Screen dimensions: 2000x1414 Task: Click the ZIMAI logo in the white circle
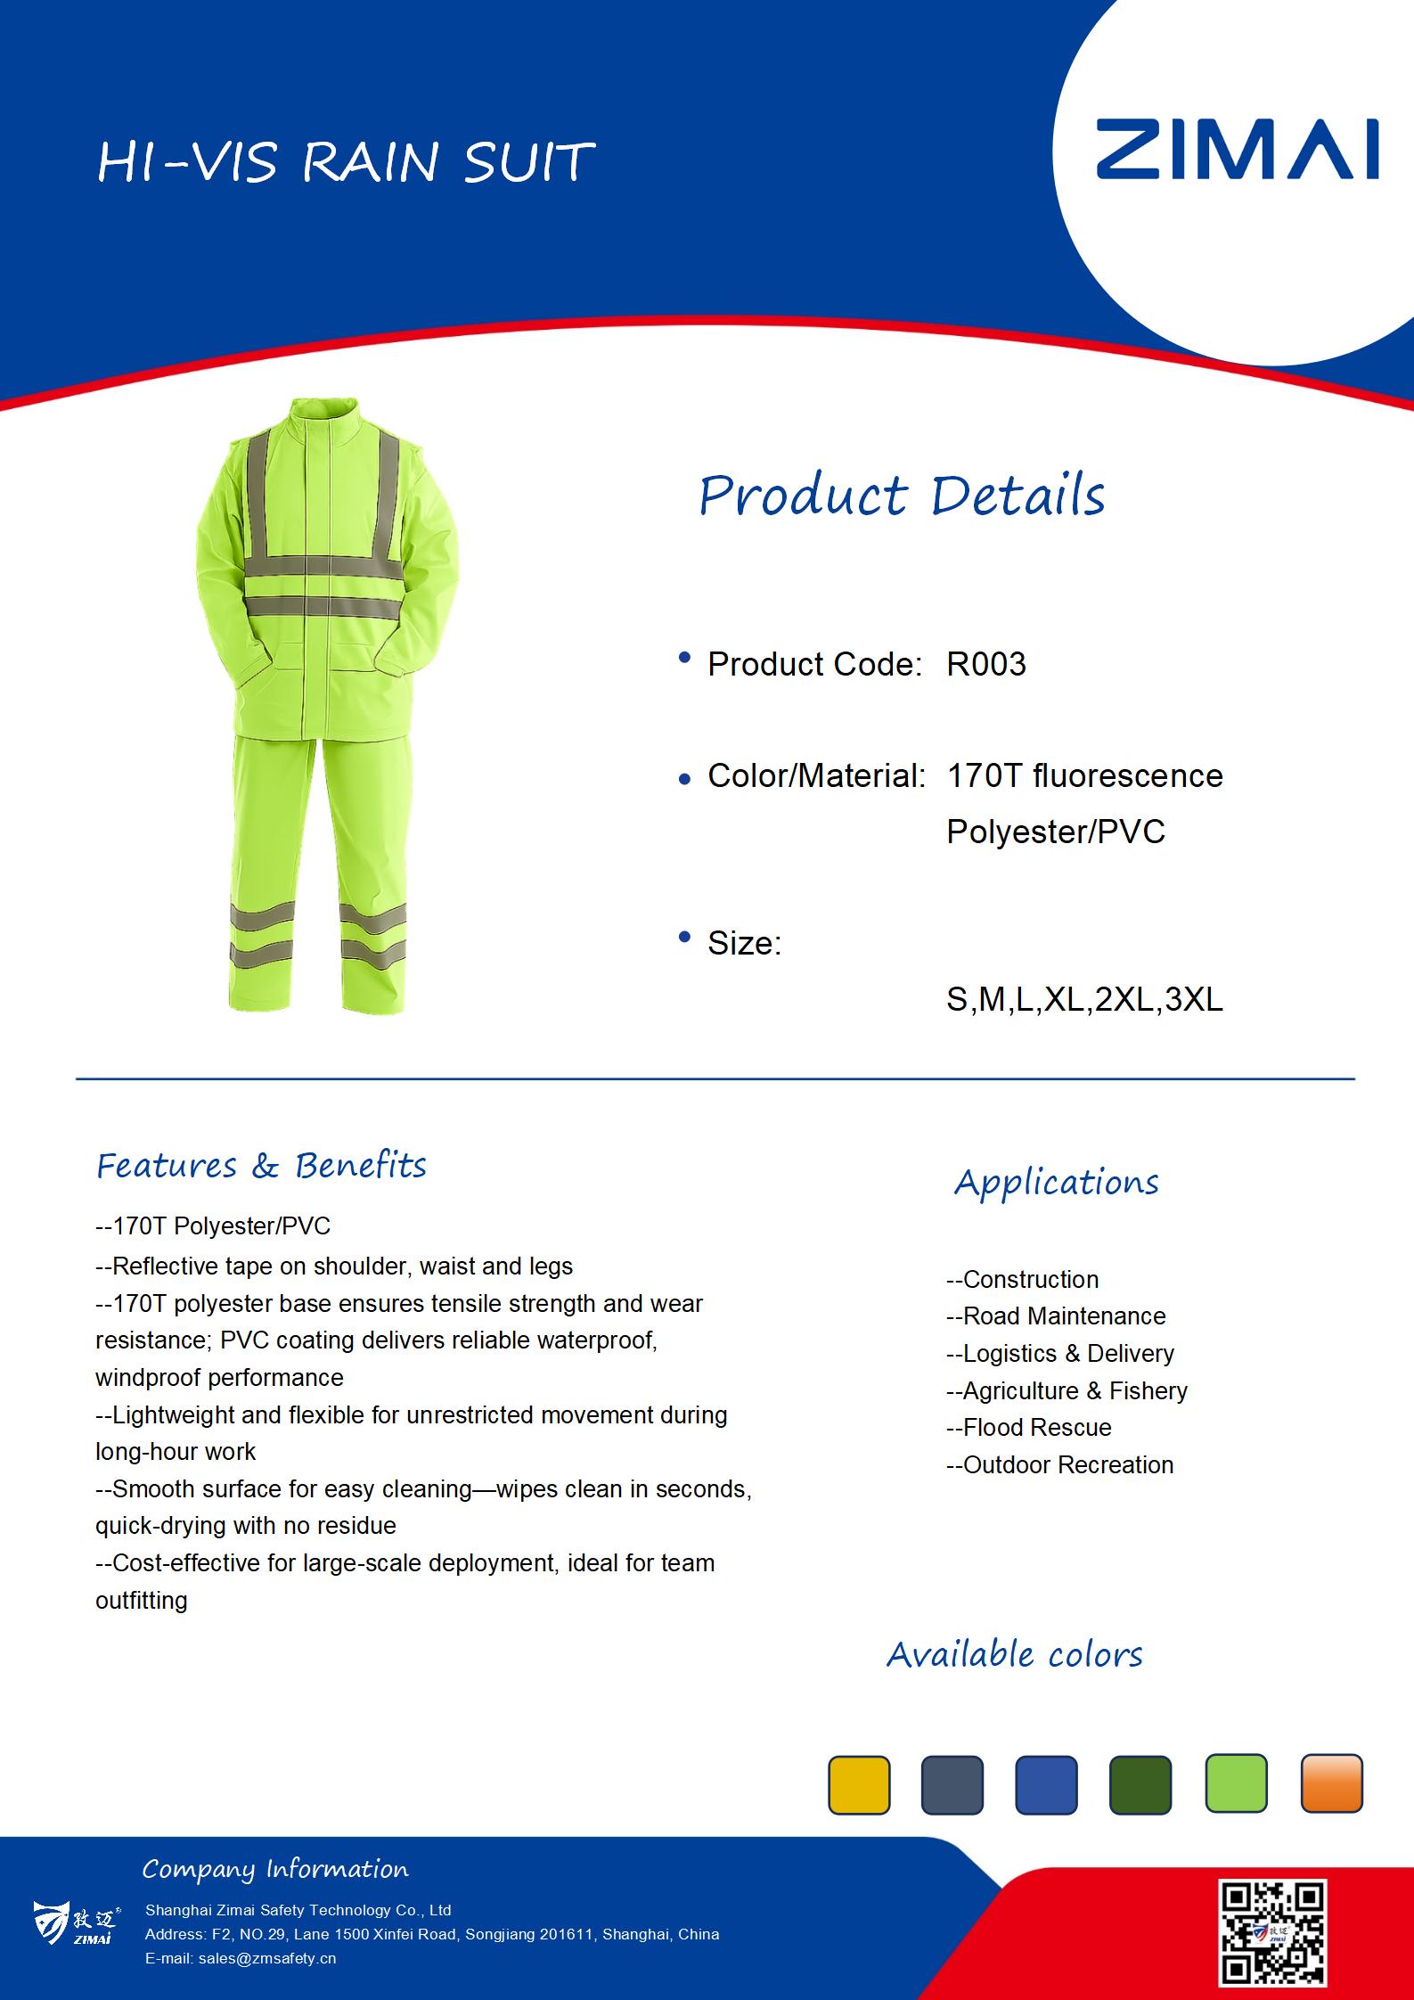1237,149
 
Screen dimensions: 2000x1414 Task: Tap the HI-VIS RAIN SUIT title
345,162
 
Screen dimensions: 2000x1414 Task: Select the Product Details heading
902,496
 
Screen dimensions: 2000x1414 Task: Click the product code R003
985,664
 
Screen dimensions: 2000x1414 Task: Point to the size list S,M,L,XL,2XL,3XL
1084,999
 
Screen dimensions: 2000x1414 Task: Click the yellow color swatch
859,1784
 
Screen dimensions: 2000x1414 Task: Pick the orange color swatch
1331,1783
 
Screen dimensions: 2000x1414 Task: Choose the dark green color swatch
1140,1784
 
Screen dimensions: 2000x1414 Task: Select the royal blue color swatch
1046,1784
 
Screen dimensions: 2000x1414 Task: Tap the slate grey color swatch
952,1784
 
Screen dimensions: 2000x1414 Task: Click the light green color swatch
1236,1783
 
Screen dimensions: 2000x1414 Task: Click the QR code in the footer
1273,1932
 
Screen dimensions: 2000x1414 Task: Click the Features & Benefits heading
261,1166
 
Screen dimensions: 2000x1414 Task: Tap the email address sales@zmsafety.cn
241,1958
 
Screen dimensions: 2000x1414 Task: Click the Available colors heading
1014,1654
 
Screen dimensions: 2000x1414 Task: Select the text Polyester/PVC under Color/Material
1056,832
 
